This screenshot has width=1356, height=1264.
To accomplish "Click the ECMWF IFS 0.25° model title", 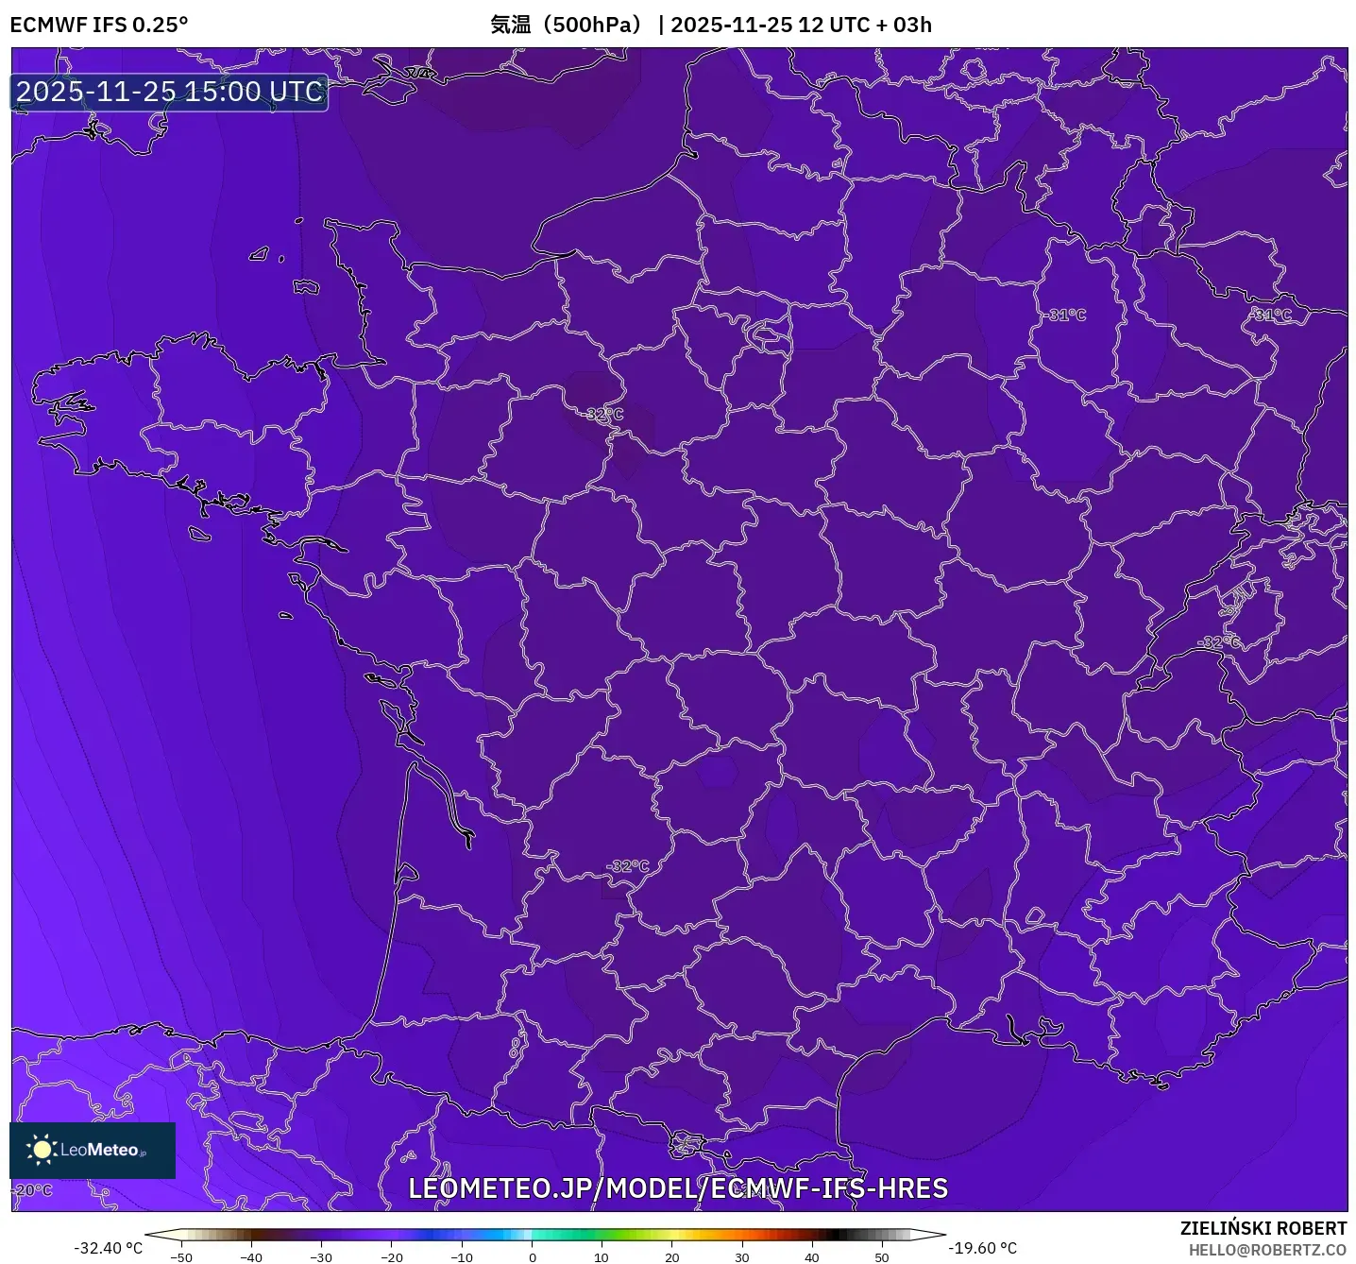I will tap(99, 25).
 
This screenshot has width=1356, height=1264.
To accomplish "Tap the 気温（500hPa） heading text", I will tap(566, 25).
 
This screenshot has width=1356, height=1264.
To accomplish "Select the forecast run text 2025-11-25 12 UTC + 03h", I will tap(801, 25).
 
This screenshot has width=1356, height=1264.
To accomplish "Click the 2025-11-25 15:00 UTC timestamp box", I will tap(170, 92).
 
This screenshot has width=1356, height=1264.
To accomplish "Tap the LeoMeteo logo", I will tap(93, 1150).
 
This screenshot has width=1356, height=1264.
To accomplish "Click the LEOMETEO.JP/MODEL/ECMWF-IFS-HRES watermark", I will tap(677, 1188).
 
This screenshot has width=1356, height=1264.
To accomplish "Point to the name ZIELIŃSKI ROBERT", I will tap(1263, 1228).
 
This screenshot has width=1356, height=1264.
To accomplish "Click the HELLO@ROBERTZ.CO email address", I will tap(1267, 1250).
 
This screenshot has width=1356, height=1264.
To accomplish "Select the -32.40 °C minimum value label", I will tap(109, 1248).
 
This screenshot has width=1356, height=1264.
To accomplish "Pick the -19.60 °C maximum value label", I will tap(982, 1248).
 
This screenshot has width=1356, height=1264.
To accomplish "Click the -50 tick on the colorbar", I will tap(181, 1257).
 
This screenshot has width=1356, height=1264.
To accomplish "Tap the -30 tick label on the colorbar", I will tap(321, 1257).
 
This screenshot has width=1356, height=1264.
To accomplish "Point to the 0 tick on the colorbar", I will tap(533, 1257).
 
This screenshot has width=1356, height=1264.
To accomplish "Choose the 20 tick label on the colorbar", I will tap(671, 1257).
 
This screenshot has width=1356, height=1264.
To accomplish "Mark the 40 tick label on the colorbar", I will tap(812, 1257).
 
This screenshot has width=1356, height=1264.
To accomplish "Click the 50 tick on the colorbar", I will tap(882, 1257).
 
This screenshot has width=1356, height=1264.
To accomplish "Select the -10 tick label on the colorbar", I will tap(461, 1257).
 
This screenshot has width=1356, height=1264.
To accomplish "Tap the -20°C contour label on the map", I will tap(33, 1190).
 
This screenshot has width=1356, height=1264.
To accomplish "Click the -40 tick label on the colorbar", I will tap(251, 1257).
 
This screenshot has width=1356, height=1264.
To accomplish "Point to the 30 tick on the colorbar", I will tap(742, 1257).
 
